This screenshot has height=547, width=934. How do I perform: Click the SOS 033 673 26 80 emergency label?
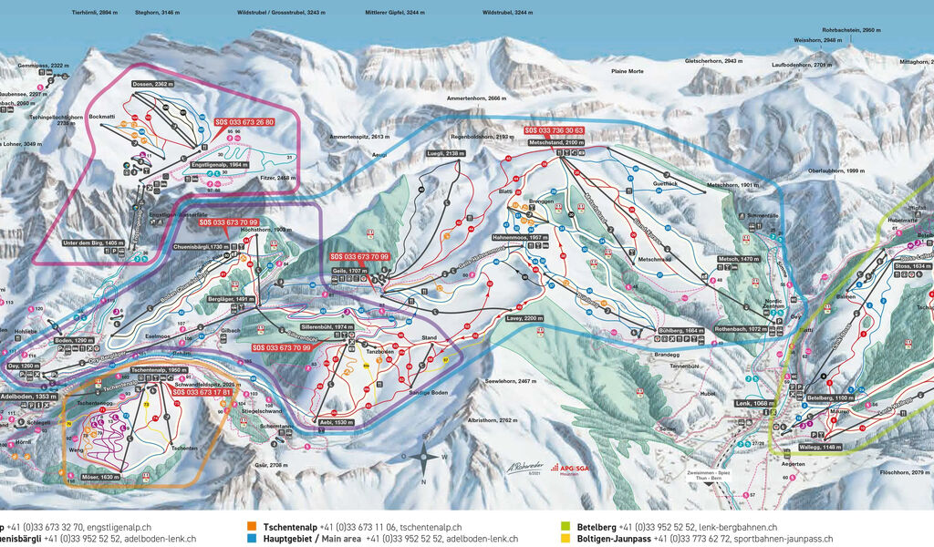click(244, 121)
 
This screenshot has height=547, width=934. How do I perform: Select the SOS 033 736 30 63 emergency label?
click(553, 131)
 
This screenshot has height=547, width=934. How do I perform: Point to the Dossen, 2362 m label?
click(152, 84)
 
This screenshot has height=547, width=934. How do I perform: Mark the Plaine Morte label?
click(627, 71)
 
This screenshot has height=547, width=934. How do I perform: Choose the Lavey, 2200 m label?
click(524, 318)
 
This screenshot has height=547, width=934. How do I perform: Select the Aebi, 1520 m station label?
click(337, 424)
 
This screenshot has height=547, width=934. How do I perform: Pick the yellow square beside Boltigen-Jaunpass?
click(566, 539)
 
